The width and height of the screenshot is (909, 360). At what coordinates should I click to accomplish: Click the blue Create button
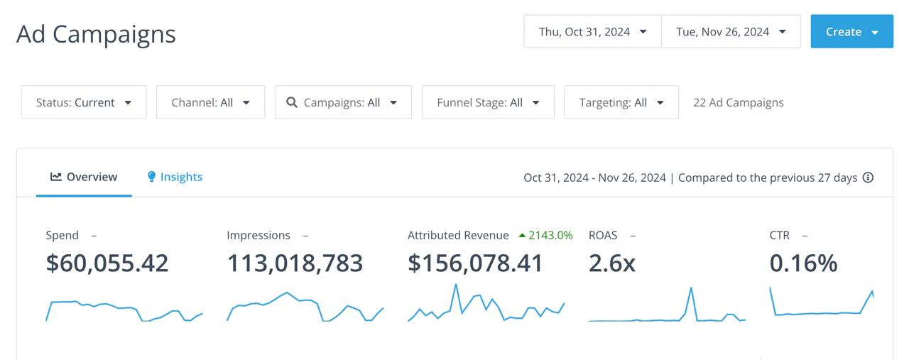(851, 32)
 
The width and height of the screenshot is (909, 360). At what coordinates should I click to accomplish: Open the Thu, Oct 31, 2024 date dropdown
(592, 32)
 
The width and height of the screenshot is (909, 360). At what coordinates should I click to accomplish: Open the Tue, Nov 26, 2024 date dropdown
(731, 32)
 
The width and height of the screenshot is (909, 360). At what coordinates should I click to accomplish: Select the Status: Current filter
(84, 102)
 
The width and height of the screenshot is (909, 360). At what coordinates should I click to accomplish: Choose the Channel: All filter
(211, 102)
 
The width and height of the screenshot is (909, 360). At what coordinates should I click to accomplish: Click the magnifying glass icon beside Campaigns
(292, 102)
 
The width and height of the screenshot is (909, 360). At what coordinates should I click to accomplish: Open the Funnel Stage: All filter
(488, 102)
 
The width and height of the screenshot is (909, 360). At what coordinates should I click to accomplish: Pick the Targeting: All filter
(621, 102)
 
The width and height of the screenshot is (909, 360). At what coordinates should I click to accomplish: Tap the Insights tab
(175, 177)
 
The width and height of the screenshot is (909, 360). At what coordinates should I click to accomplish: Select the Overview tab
(84, 177)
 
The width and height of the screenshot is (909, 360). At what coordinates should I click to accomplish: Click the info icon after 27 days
(868, 178)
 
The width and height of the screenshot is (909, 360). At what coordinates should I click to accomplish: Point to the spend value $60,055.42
(107, 263)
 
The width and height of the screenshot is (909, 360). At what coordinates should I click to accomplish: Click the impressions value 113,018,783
(295, 263)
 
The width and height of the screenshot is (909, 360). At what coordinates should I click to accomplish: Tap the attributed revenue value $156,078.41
(475, 263)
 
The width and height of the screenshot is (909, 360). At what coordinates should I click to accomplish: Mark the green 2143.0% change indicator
(546, 236)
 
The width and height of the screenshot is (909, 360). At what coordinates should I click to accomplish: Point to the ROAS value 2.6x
(612, 263)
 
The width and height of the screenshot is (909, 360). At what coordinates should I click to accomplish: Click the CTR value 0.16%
(803, 263)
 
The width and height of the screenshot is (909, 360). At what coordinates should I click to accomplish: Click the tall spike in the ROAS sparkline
(691, 289)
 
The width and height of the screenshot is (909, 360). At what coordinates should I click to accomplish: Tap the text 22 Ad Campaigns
(738, 103)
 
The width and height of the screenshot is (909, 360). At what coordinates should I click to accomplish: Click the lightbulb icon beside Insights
(151, 177)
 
